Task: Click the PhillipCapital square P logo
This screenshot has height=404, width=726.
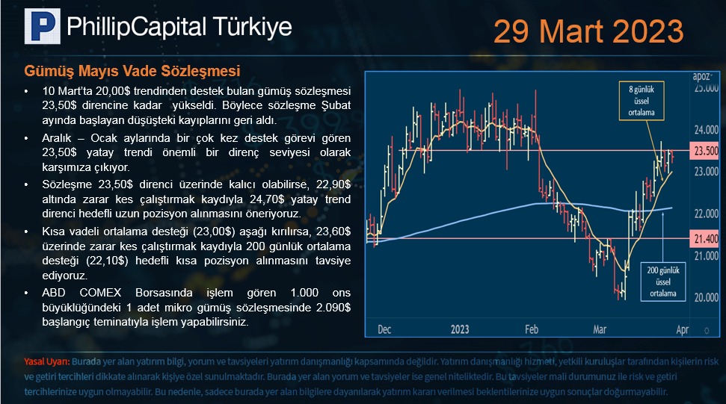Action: [x=42, y=26]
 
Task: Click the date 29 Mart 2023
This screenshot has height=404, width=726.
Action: [x=588, y=31]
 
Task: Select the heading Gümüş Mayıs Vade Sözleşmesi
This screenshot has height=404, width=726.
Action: [x=132, y=71]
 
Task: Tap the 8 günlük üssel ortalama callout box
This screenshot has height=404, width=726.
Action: [x=642, y=101]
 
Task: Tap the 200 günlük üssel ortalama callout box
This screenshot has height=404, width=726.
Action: [x=662, y=282]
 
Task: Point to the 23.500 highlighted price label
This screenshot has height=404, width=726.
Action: [x=704, y=151]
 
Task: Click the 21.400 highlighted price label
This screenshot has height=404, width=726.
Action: [x=704, y=239]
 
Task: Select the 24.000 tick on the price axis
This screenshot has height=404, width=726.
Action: [x=706, y=130]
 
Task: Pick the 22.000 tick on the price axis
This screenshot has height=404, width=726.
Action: [x=706, y=214]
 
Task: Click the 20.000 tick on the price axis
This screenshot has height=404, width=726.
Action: [x=706, y=297]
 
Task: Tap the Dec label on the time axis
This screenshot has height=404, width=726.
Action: [x=384, y=329]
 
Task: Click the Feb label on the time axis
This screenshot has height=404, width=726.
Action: [x=532, y=329]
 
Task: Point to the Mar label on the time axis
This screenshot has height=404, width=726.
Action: [x=600, y=329]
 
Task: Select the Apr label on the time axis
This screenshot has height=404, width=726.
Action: [x=683, y=329]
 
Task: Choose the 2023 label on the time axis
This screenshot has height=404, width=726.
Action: [x=460, y=329]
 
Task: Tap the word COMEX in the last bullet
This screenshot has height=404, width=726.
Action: [x=100, y=293]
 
